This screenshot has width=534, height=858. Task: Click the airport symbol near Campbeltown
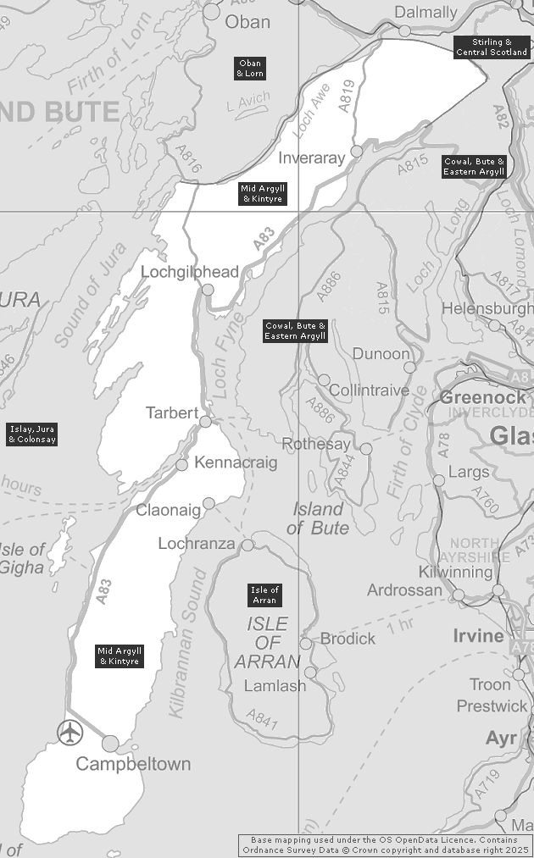coord(70,731)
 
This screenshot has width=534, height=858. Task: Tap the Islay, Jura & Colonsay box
coord(32,435)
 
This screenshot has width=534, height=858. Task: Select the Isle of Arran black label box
coord(264,595)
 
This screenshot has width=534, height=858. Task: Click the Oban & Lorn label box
coord(251,69)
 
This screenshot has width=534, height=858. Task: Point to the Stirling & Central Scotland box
coord(491,47)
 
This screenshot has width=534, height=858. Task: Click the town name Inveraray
coord(312,158)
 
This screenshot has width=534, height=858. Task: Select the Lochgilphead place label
coord(190,272)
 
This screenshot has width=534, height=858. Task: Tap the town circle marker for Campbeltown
coord(110,744)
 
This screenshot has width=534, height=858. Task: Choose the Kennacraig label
coord(235,462)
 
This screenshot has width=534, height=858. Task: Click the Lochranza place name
coord(196,544)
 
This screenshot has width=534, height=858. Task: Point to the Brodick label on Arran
coord(348,639)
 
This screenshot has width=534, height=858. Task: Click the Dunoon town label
coord(381,354)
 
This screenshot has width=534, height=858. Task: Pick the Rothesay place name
coord(315,445)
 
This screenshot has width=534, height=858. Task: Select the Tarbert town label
coord(172,413)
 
